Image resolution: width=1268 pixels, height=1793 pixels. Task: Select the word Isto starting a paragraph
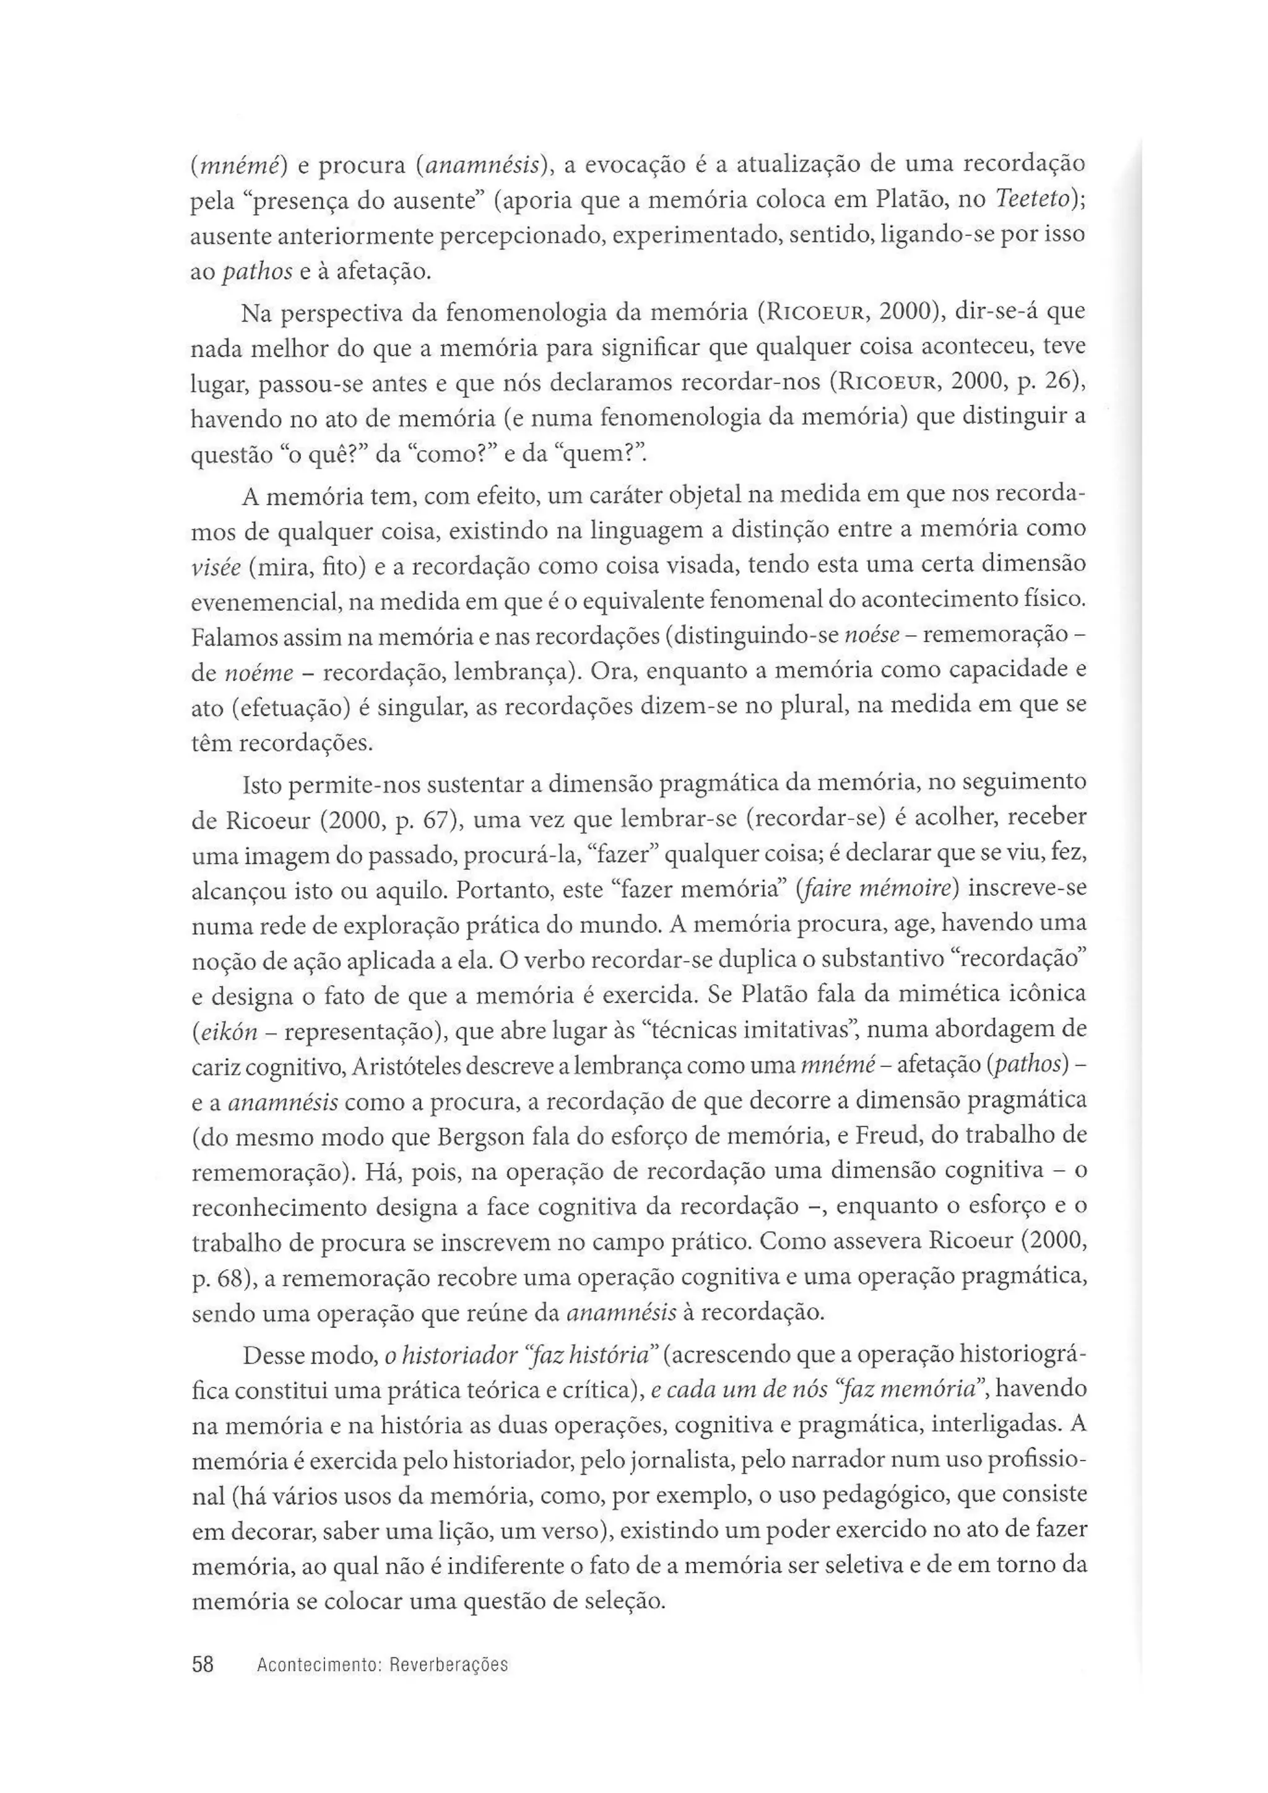coord(261,784)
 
